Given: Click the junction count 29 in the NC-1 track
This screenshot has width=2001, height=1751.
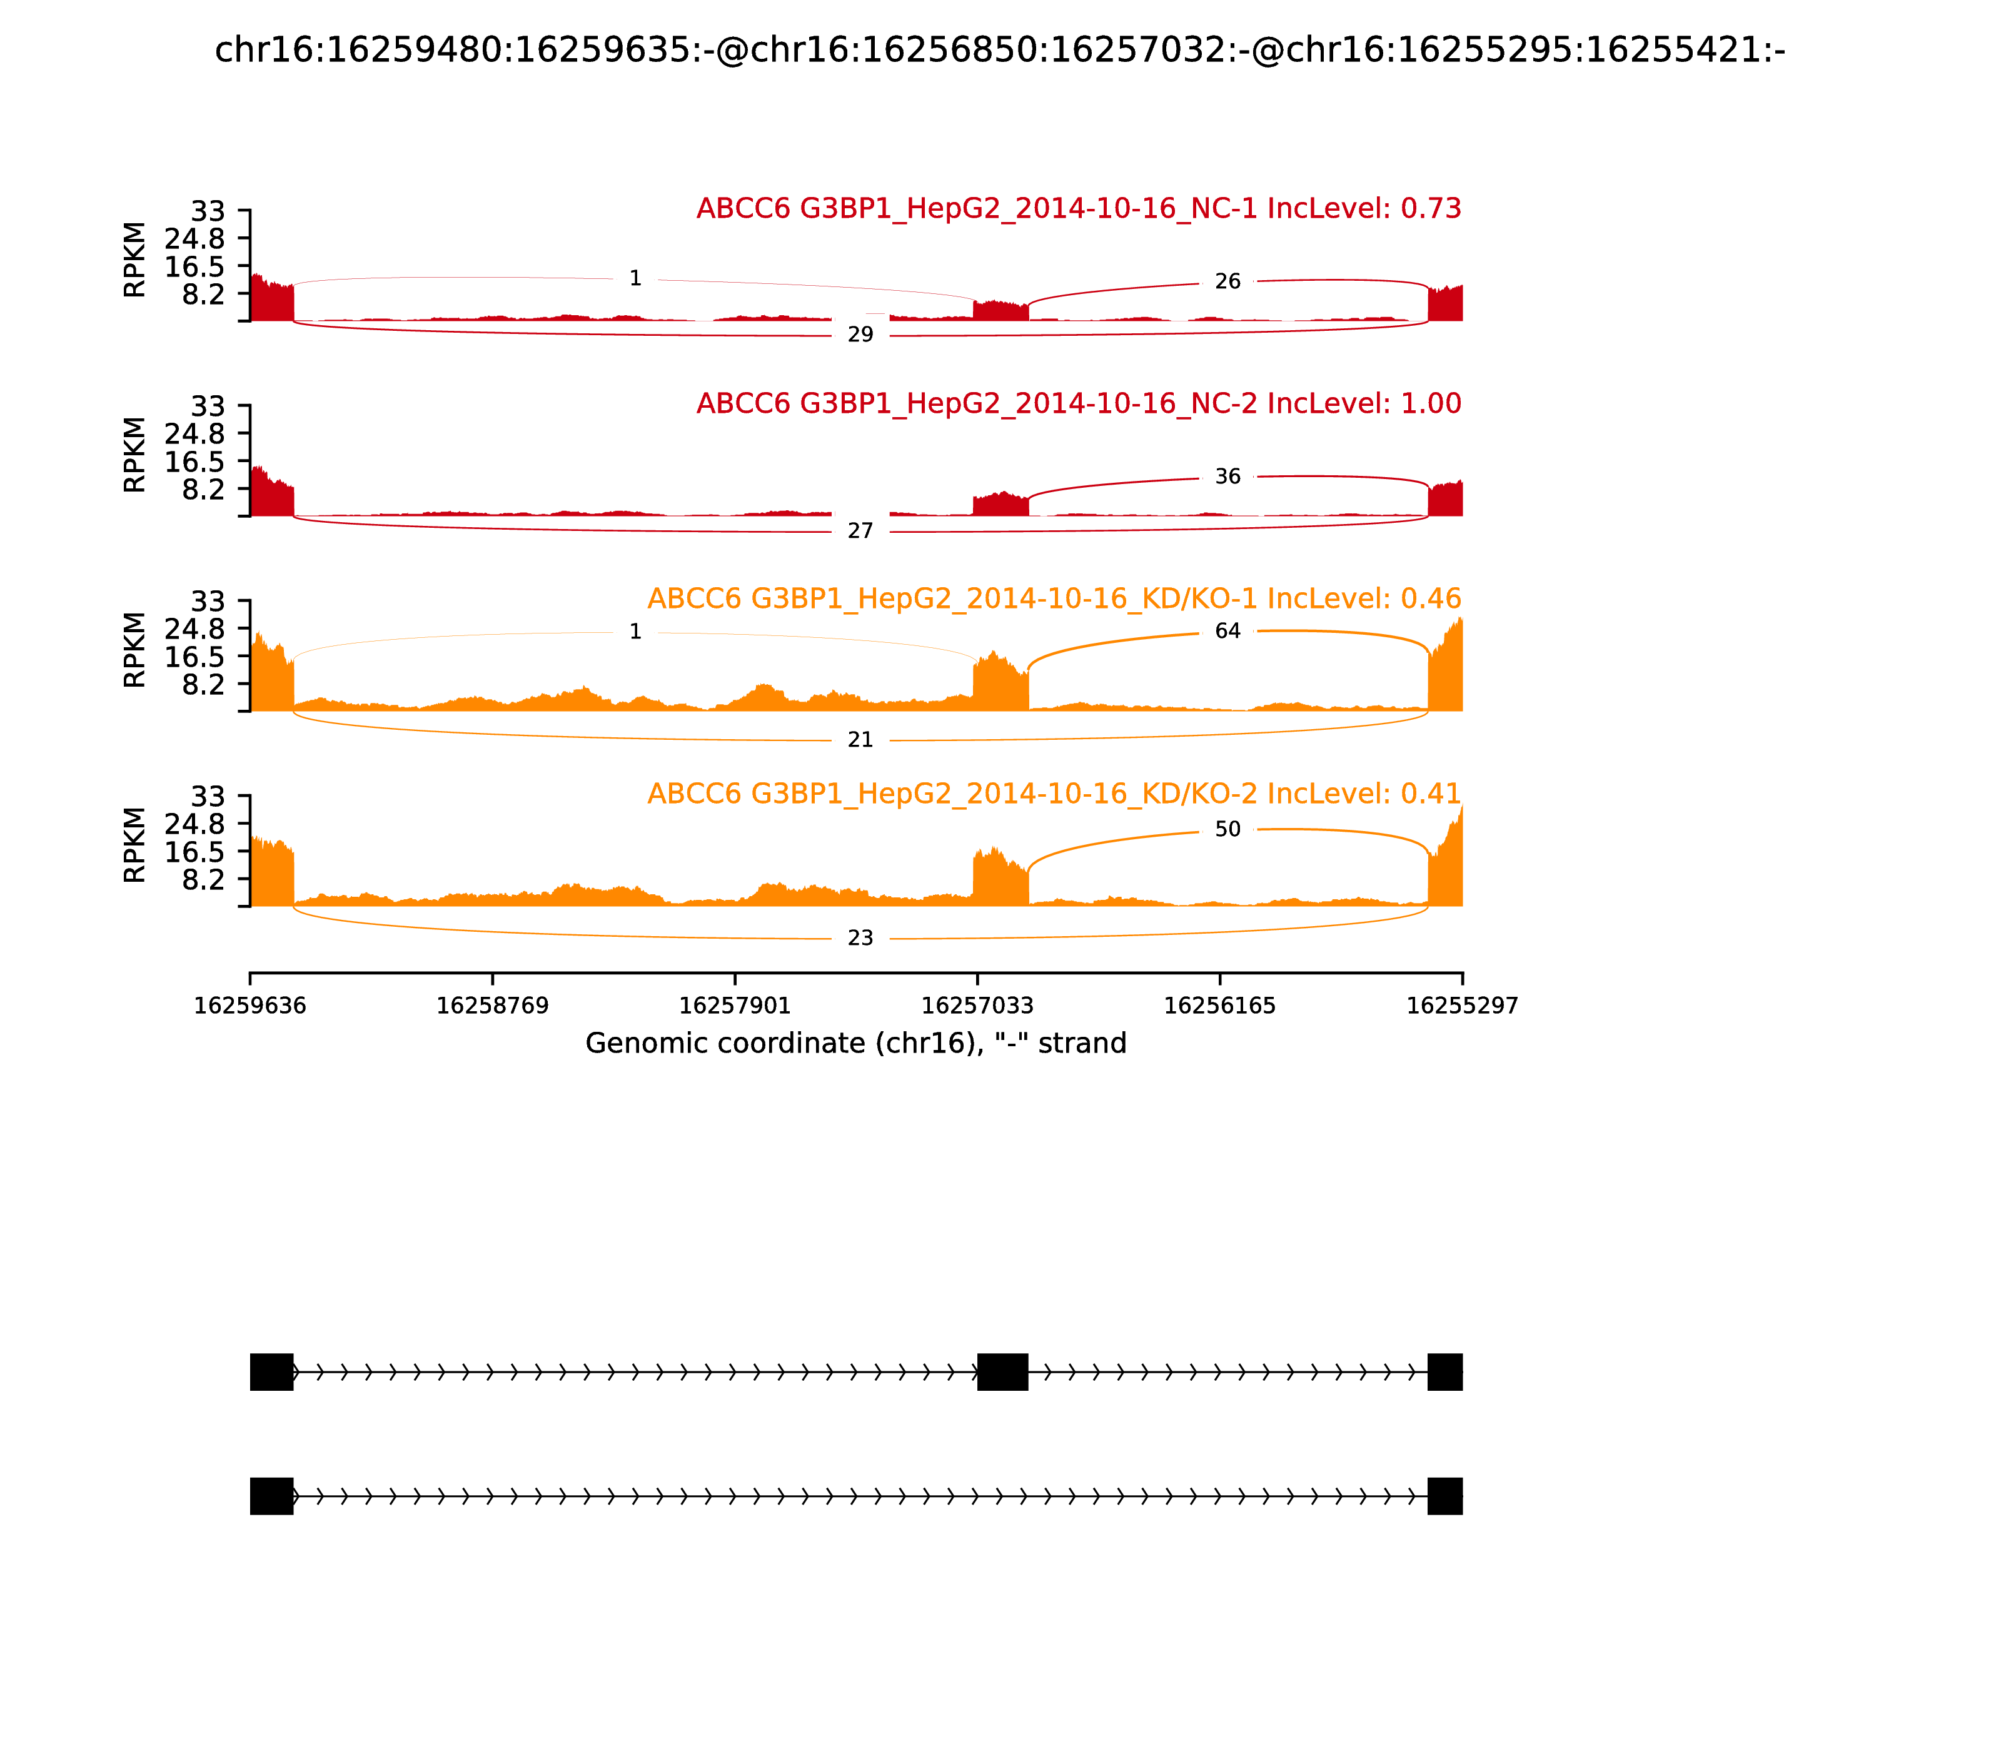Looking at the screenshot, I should pyautogui.click(x=860, y=335).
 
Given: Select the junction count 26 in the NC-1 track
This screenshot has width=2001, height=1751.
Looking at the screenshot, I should pyautogui.click(x=1227, y=281).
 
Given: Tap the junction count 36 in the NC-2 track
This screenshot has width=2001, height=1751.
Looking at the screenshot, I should pyautogui.click(x=1227, y=477).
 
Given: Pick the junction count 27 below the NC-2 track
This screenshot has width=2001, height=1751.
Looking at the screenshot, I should pyautogui.click(x=860, y=532).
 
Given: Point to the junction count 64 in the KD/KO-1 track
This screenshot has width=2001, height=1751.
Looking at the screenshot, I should pyautogui.click(x=1227, y=631).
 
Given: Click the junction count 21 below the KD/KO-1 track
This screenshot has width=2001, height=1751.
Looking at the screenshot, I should pyautogui.click(x=860, y=740).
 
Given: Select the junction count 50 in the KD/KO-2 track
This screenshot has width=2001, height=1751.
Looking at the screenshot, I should pyautogui.click(x=1227, y=830).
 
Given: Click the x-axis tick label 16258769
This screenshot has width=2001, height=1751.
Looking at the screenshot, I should pyautogui.click(x=493, y=1006).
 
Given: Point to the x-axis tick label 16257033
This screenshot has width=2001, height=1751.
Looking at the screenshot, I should pyautogui.click(x=977, y=1006).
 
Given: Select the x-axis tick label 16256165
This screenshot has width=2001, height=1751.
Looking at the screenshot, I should pyautogui.click(x=1219, y=1006).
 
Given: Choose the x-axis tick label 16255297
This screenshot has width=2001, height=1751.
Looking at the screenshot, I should pyautogui.click(x=1462, y=1006).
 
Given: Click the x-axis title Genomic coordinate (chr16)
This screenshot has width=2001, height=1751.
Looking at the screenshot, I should pyautogui.click(x=856, y=1044).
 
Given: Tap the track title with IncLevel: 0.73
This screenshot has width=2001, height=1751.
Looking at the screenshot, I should pyautogui.click(x=1079, y=209).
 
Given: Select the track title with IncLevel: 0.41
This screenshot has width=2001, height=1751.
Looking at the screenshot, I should pyautogui.click(x=1054, y=794).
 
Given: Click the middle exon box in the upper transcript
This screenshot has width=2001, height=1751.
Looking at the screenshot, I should pyautogui.click(x=1002, y=1372).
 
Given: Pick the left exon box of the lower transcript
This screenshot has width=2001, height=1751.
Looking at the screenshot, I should pyautogui.click(x=271, y=1496).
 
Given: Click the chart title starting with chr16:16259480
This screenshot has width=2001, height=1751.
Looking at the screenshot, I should pyautogui.click(x=999, y=51).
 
